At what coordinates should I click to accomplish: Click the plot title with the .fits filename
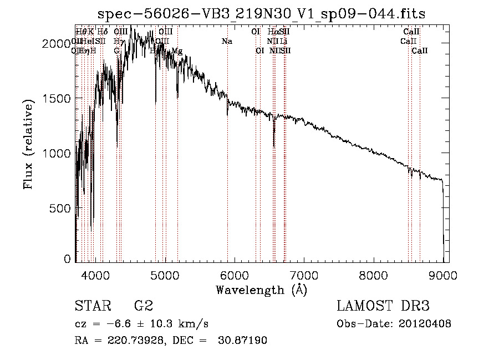(261, 13)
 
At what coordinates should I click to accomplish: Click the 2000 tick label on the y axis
(59, 44)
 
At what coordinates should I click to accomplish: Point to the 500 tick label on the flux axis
(63, 208)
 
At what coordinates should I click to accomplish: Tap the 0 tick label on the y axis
(68, 259)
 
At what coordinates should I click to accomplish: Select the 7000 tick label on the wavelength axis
(304, 275)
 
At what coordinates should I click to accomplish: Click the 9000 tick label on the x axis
(443, 275)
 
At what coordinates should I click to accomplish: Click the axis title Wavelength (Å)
(261, 290)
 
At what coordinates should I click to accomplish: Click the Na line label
(227, 41)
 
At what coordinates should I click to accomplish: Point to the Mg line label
(176, 51)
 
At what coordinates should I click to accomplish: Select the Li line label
(283, 41)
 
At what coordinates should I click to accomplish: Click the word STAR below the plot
(90, 306)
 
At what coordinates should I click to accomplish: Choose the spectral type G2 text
(143, 306)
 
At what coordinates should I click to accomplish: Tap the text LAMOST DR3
(383, 306)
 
